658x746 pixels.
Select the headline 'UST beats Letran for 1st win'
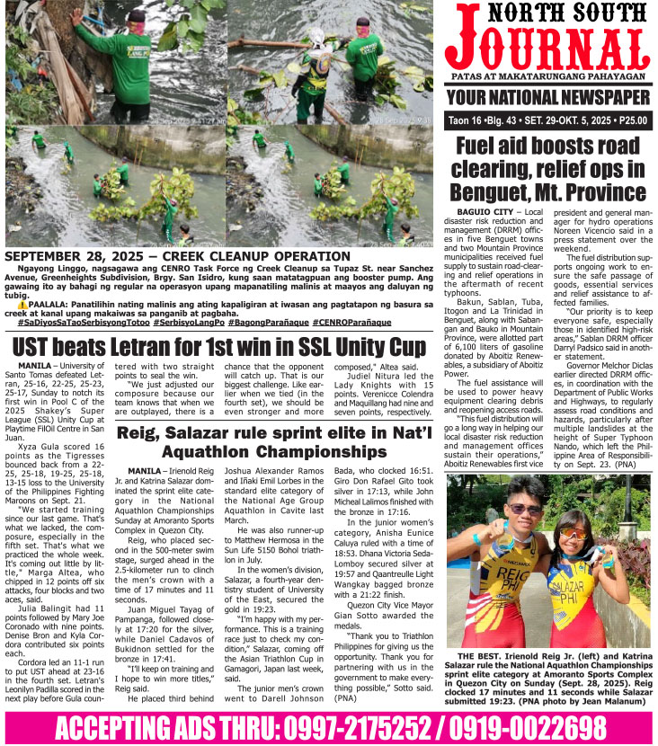218,346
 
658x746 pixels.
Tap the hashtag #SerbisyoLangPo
188,321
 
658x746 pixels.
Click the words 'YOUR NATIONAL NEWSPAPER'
549,97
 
